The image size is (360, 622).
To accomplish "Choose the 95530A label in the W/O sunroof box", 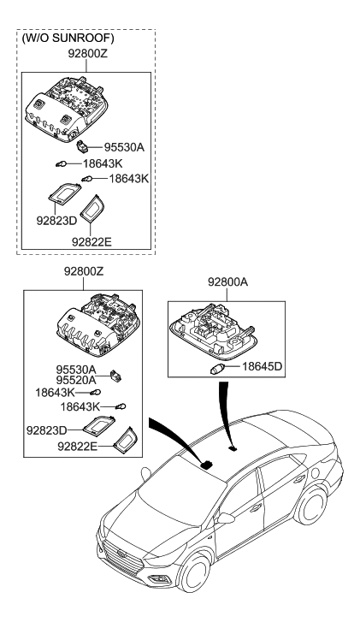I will point(125,147).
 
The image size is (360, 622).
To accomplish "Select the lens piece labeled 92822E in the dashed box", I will point(91,206).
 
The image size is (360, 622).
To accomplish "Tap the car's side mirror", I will point(227,518).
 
